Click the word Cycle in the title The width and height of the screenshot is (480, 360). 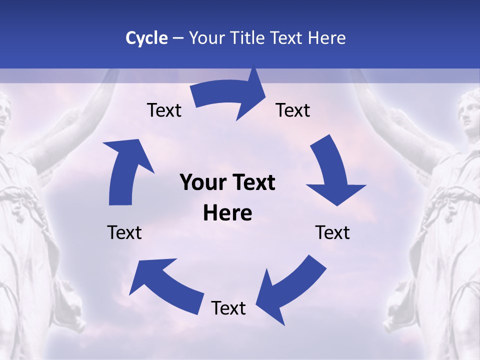pos(146,38)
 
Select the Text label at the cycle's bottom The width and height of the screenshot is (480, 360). pos(228,308)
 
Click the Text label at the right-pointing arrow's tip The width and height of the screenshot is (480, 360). pos(293,110)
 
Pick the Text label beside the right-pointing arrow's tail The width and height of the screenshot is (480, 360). pos(164,110)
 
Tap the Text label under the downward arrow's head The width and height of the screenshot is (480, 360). pos(332,232)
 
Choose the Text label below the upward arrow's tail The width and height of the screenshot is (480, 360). pos(124,232)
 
